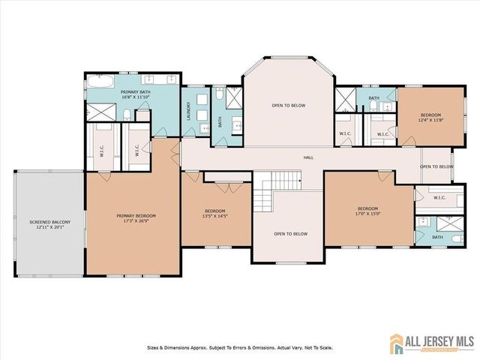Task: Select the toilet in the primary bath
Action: [x=127, y=114]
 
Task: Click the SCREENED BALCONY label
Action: [x=46, y=223]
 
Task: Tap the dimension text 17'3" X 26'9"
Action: [x=135, y=222]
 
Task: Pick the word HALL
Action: [x=307, y=157]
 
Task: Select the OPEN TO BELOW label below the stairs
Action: [x=290, y=234]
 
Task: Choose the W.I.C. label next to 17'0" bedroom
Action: [x=438, y=198]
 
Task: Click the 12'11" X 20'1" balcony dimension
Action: [x=46, y=229]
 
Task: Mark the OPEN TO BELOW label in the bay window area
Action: [x=289, y=106]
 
